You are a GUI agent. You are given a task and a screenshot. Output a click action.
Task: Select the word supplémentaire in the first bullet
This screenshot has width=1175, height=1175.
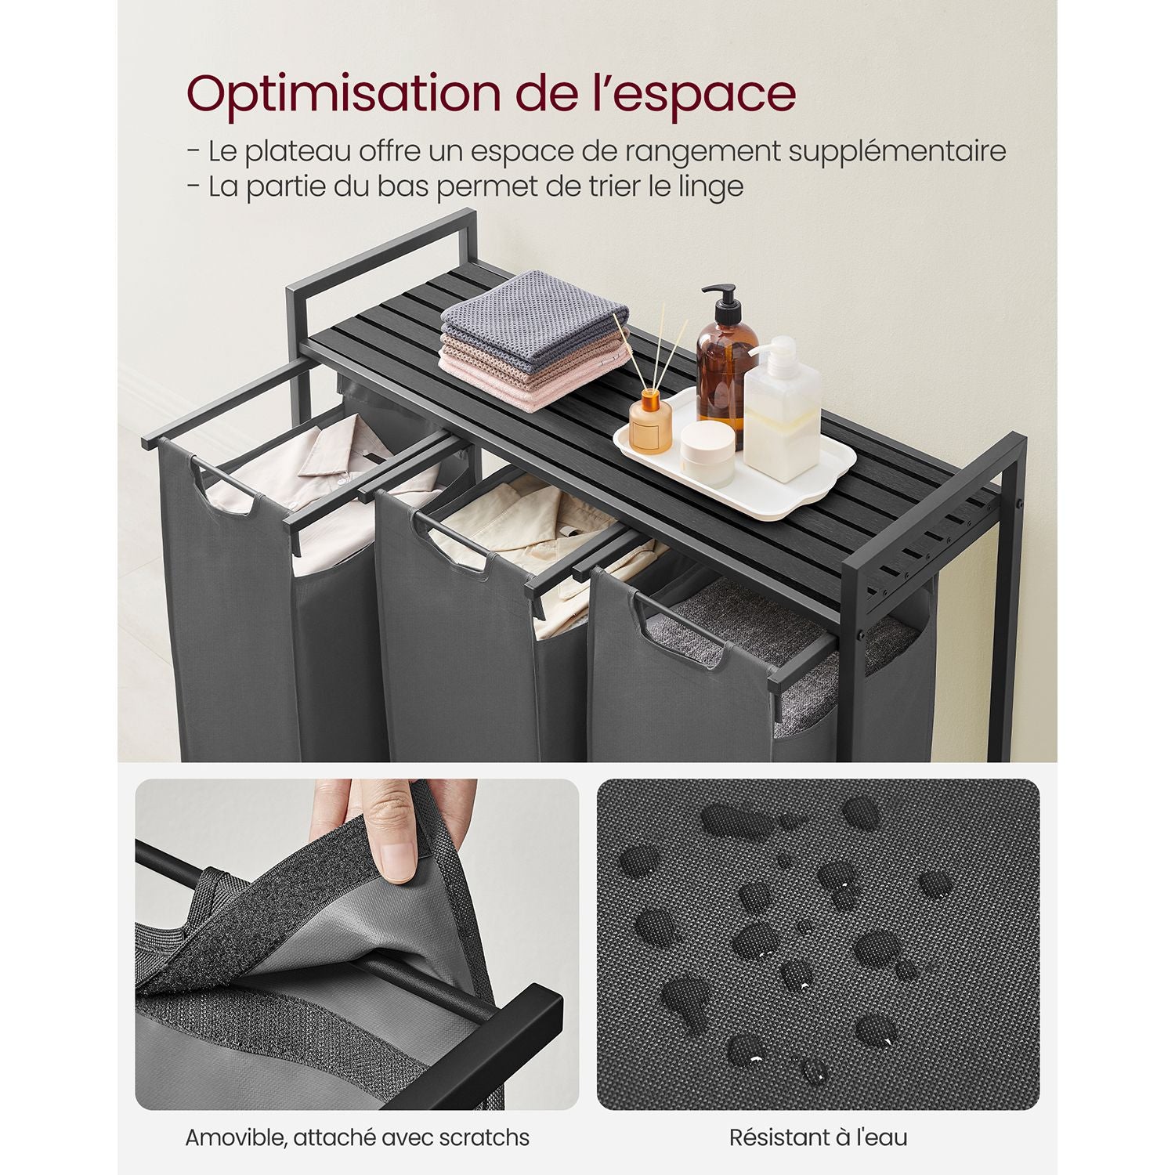[897, 152]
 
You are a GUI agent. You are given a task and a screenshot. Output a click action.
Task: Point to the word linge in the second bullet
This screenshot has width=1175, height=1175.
[710, 188]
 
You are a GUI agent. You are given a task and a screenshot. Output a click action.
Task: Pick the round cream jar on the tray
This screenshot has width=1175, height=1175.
[707, 454]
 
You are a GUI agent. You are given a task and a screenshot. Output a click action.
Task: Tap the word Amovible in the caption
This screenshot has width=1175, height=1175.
[234, 1137]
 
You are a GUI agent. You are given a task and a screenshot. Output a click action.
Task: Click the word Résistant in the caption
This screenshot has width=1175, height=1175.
[779, 1137]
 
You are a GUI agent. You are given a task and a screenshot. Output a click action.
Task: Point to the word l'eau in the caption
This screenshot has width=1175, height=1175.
[880, 1137]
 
